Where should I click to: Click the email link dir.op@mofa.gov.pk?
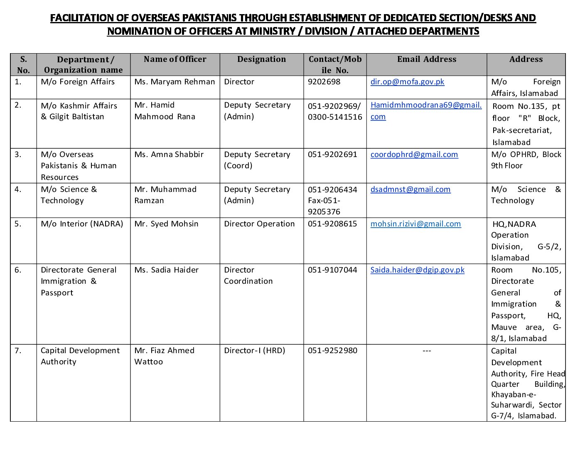pos(407,82)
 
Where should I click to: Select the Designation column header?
pos(261,59)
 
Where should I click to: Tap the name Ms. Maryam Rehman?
pos(175,82)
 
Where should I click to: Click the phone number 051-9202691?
pos(332,155)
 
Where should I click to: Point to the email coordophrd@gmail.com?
pos(414,155)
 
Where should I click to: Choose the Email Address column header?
pos(426,59)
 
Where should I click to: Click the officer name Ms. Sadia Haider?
pos(166,270)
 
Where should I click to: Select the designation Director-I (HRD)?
pos(254,351)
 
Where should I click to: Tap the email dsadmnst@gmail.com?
pos(410,189)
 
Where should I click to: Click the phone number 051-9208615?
pos(332,224)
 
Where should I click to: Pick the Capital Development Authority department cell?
pos(80,356)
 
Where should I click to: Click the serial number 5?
pos(18,224)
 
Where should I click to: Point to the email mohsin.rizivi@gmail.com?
pos(415,224)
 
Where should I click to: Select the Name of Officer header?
pos(175,59)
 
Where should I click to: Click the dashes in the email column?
pos(427,351)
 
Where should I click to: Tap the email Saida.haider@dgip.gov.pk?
pos(417,270)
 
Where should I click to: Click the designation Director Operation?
pos(259,224)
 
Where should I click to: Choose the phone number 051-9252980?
pos(332,351)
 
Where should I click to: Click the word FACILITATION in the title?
pos(88,18)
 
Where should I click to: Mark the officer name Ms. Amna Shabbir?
pos(169,155)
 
